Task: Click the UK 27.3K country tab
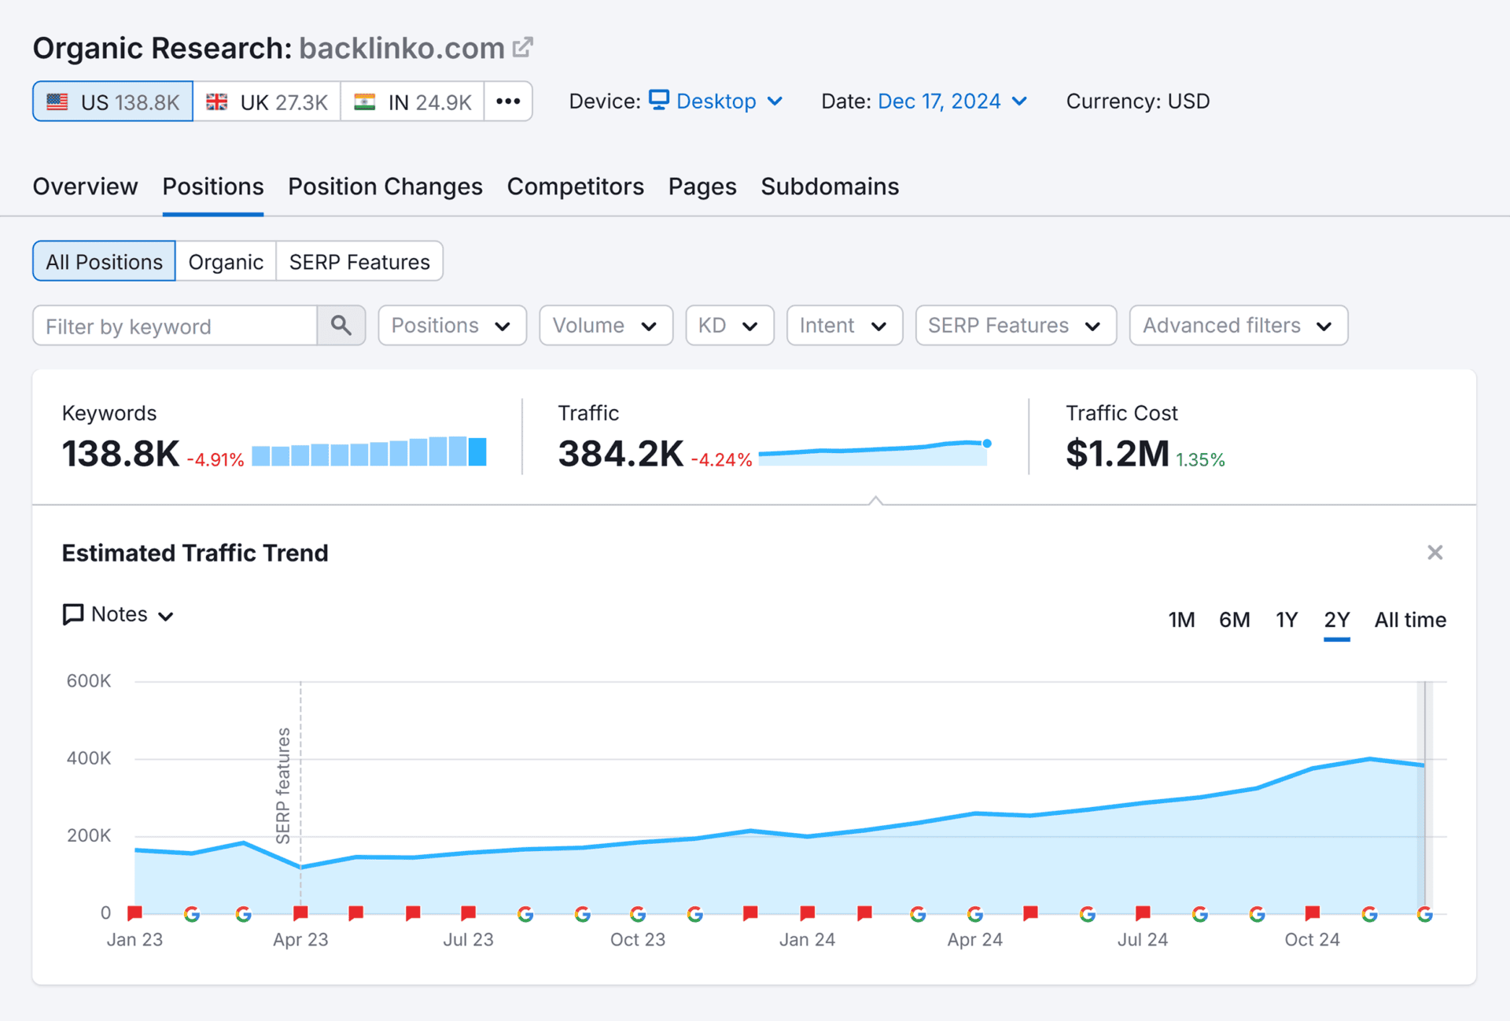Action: (267, 101)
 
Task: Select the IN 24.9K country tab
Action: (412, 101)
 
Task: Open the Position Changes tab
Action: (385, 186)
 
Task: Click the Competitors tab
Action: (575, 186)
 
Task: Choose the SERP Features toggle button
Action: (359, 262)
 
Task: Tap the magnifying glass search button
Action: (341, 326)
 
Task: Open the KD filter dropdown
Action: (728, 326)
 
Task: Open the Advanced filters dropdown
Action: (1238, 326)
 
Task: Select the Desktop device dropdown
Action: (716, 101)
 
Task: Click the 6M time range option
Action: (1234, 620)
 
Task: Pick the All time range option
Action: (1409, 620)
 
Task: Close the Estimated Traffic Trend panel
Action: (1434, 553)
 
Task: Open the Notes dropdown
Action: (119, 614)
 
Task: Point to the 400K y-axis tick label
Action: (89, 758)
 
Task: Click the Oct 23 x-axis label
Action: (637, 939)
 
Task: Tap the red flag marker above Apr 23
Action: (300, 912)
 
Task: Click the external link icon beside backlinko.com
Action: (522, 47)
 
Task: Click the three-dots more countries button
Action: (508, 101)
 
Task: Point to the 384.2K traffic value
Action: (621, 454)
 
